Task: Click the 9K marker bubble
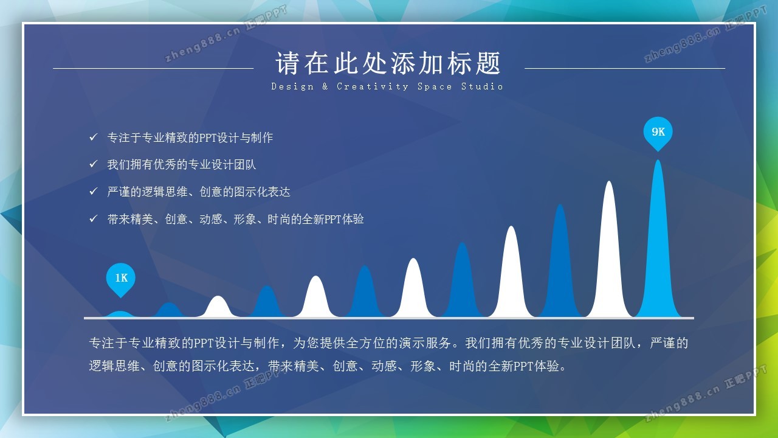658,133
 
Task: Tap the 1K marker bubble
120,279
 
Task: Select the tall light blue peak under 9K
658,243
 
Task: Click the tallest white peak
609,254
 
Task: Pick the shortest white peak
218,308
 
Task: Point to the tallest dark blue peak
560,264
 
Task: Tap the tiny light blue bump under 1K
120,315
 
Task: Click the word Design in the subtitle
292,86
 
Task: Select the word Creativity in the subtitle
373,86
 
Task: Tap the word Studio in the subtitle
482,86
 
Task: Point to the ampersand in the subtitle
325,86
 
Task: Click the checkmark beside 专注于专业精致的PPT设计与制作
93,137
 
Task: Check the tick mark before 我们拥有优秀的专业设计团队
93,164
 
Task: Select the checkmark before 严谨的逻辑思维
93,191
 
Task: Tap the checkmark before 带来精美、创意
93,218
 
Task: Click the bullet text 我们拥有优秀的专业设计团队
181,164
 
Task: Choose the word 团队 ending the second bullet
245,164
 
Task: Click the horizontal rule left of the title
153,69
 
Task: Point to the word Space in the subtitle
435,86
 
